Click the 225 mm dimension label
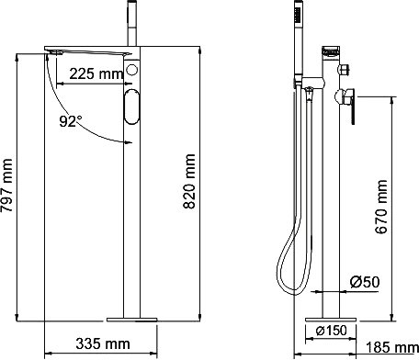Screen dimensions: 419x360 (x=96, y=73)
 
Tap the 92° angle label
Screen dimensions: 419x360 (x=71, y=121)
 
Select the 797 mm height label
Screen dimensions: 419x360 (x=6, y=186)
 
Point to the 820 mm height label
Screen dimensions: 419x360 (x=189, y=182)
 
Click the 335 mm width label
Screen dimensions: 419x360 (x=103, y=343)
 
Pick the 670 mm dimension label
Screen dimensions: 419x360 (x=381, y=207)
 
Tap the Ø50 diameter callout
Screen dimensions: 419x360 (x=365, y=282)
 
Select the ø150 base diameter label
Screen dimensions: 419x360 (x=332, y=331)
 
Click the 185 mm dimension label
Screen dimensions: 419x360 (x=392, y=348)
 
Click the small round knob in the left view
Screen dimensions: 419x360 (x=132, y=70)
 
